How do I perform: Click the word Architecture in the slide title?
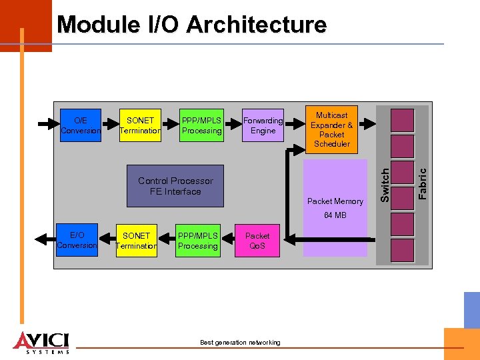coord(257,25)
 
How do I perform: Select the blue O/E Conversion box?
coord(81,125)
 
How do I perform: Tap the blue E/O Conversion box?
coord(77,240)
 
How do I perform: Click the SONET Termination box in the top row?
coord(140,125)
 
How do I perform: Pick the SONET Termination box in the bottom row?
coord(137,241)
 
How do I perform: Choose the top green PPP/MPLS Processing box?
coord(201,125)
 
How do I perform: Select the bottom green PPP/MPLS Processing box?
coord(198,241)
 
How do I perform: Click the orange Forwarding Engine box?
coord(263,125)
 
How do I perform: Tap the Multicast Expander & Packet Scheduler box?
coord(331,129)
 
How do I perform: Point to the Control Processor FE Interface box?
coord(175,186)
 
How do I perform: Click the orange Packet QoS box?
coord(257,241)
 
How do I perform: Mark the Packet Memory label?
coord(335,201)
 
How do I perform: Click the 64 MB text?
coord(335,215)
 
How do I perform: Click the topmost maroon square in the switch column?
coord(402,120)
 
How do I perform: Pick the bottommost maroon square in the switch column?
coord(402,251)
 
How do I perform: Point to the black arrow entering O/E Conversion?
coord(48,124)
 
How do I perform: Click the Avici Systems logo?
coord(41,341)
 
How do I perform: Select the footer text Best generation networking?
coord(240,343)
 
